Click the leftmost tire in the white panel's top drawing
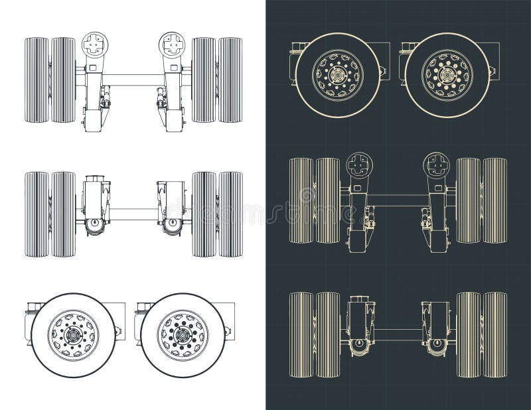(x=37, y=80)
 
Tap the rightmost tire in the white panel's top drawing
(x=230, y=80)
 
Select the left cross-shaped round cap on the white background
(x=94, y=44)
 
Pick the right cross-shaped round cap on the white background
(x=171, y=44)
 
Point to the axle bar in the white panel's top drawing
(x=133, y=80)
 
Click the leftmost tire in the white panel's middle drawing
(x=37, y=214)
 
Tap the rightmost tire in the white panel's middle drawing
(x=230, y=214)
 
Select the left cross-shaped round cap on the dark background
(x=359, y=164)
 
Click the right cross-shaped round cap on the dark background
(x=437, y=164)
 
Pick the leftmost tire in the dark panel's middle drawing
(x=301, y=200)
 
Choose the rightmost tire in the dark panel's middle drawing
(x=495, y=200)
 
